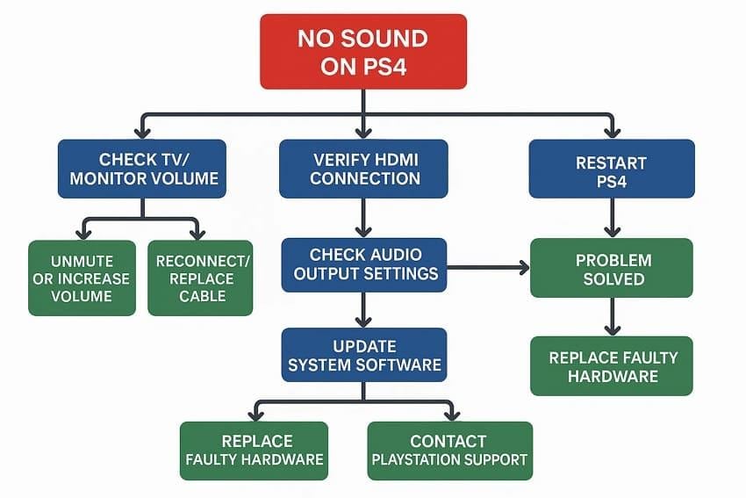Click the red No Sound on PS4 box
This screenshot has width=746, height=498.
(x=362, y=51)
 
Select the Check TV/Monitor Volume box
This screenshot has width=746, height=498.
(x=142, y=169)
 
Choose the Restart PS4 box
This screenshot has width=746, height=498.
(x=611, y=169)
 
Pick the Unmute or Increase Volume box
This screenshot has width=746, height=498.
(x=82, y=278)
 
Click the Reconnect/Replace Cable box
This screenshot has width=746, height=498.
(x=200, y=278)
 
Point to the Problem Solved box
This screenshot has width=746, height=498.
(x=613, y=270)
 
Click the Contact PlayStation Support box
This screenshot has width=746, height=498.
(x=449, y=450)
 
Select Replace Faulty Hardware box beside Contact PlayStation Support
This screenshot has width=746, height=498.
(x=254, y=450)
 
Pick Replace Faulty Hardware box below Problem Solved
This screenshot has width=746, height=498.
(x=613, y=365)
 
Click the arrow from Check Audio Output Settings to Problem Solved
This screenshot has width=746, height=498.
(x=488, y=266)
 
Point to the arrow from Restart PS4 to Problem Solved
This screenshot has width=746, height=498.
(x=613, y=218)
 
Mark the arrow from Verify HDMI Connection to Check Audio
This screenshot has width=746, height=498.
(x=363, y=218)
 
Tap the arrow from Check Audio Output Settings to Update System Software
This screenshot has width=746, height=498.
(x=363, y=309)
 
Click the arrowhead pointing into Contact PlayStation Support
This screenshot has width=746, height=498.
(x=451, y=414)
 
